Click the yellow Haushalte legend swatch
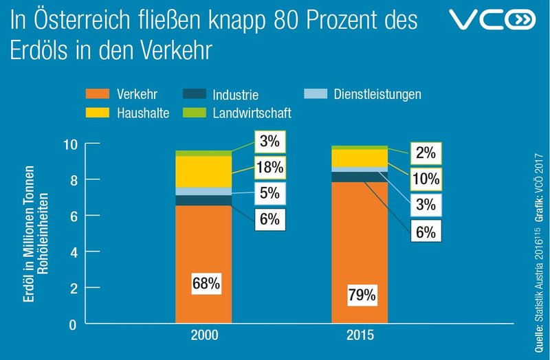coord(97,112)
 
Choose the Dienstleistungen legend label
coord(377,93)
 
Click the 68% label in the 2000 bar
coord(206,282)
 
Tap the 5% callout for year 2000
coord(269,194)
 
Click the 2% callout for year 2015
coord(426,152)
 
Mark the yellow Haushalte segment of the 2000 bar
coord(203,171)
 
